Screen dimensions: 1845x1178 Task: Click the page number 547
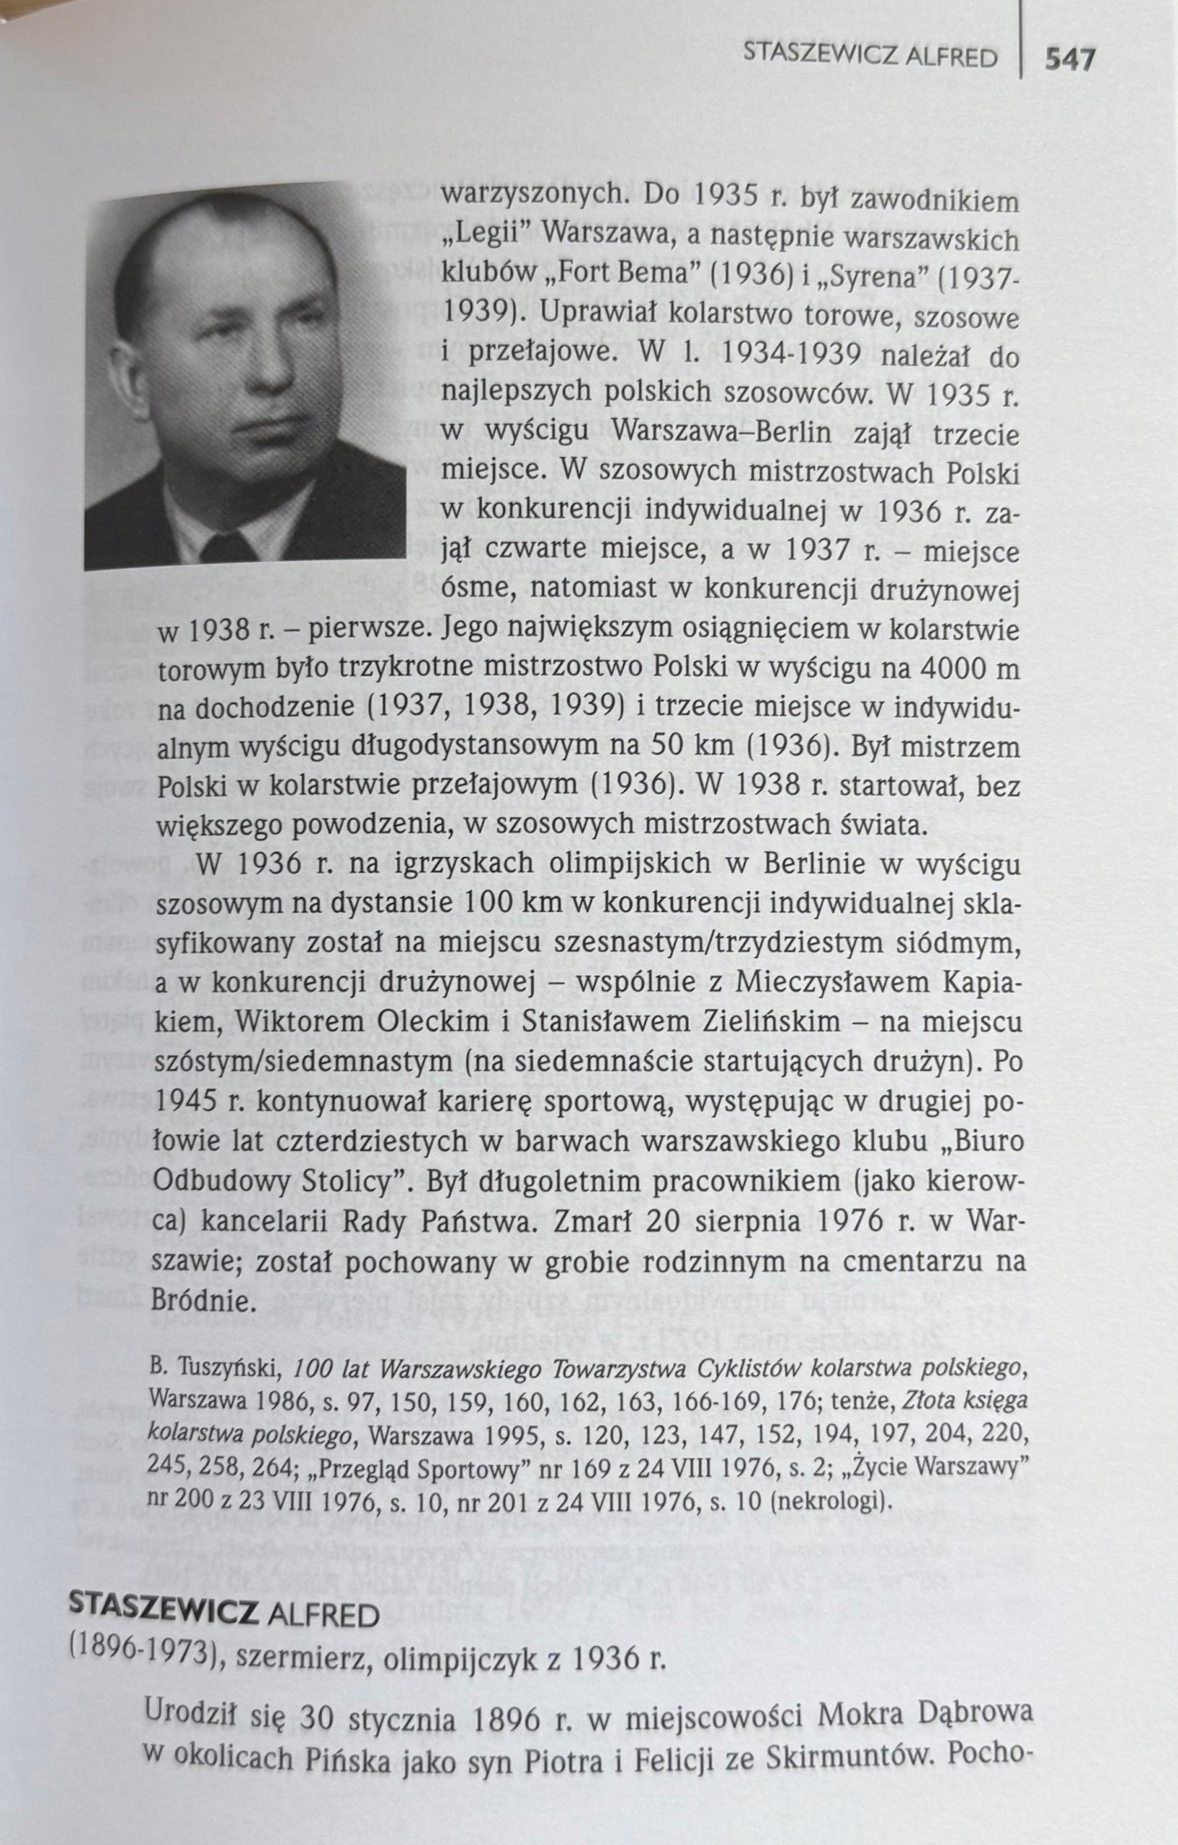(x=1070, y=59)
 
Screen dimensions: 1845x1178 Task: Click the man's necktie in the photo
(x=228, y=546)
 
